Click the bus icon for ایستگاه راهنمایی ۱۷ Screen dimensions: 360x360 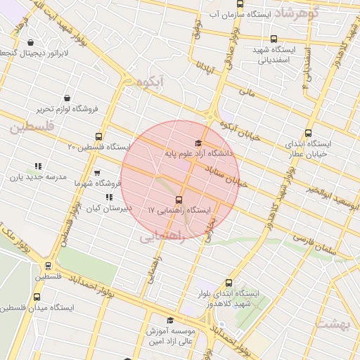pos(180,200)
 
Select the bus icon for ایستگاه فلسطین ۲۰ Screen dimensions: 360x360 pos(98,137)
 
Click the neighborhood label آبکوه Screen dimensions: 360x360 pos(152,82)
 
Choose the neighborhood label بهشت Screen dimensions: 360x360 pos(333,323)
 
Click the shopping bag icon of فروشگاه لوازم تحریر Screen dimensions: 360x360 pos(66,98)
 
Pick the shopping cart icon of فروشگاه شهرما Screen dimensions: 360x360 pos(97,173)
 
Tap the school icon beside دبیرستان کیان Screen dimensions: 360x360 pos(109,198)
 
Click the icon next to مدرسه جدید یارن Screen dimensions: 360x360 pos(38,167)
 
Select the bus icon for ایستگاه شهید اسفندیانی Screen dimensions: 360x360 pos(274,40)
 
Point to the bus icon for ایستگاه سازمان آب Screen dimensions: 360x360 pos(240,4)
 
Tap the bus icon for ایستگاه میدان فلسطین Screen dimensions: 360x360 pos(37,297)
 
